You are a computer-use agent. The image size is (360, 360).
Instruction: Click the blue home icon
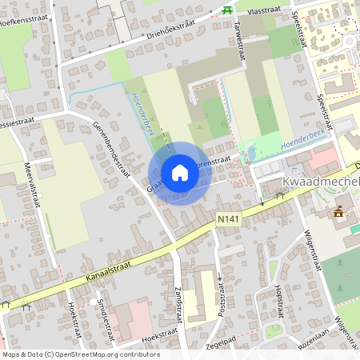[x=180, y=173]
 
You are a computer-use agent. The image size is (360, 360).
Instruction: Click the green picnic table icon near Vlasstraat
[x=227, y=10]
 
